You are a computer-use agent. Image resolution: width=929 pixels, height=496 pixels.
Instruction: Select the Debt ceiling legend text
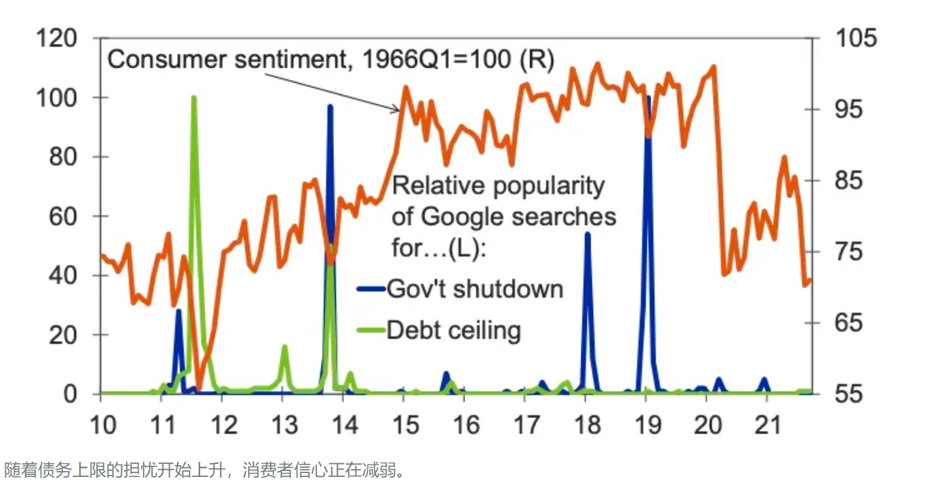click(x=454, y=329)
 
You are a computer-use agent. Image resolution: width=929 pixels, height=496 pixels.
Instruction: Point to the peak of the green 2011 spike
click(x=194, y=98)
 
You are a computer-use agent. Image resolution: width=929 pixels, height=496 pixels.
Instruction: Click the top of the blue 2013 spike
click(x=330, y=106)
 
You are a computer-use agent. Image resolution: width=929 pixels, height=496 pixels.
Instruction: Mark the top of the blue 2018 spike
click(x=587, y=234)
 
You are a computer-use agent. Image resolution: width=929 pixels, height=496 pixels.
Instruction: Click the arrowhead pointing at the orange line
click(x=396, y=110)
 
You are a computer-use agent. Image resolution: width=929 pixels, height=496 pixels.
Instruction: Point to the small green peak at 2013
click(x=284, y=346)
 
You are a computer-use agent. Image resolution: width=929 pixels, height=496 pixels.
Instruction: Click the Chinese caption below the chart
click(x=206, y=470)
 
